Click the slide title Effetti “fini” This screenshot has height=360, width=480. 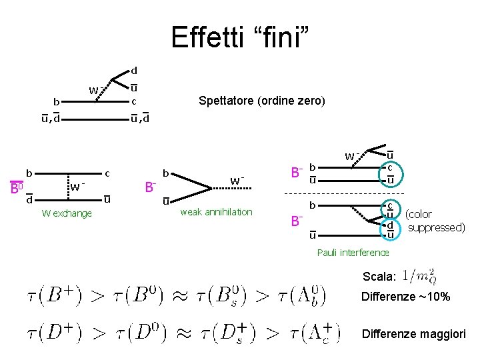[240, 37]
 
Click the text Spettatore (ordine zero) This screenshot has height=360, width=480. [262, 101]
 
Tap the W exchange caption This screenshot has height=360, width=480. [67, 213]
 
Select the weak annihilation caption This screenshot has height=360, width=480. [216, 212]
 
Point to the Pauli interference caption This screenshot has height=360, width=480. [353, 252]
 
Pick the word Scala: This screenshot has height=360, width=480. [379, 276]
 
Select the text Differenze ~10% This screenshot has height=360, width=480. [406, 297]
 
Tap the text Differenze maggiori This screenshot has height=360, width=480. [413, 334]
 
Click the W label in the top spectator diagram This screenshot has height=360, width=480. [95, 91]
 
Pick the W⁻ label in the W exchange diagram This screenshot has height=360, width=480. [79, 187]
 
